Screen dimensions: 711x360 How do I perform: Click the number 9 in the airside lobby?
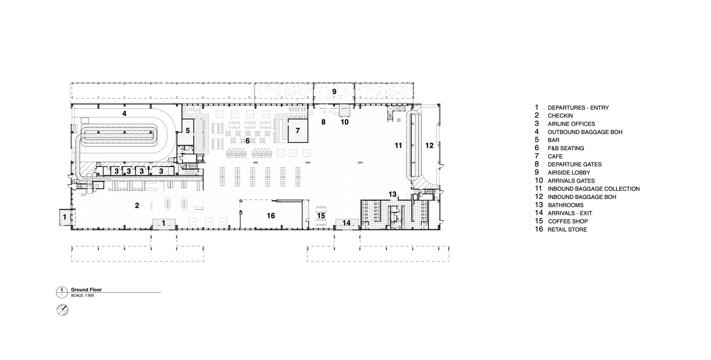[x=334, y=92]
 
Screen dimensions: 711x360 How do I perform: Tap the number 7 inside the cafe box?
[x=298, y=131]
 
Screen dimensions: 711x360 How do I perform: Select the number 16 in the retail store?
[x=271, y=216]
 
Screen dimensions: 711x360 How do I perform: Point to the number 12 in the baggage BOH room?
[x=429, y=145]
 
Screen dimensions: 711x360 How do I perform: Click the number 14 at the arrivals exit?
[x=347, y=223]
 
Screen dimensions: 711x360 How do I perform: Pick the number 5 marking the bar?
[x=188, y=131]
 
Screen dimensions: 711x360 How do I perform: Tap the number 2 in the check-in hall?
[x=137, y=205]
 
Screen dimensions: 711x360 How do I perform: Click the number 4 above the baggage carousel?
[x=124, y=114]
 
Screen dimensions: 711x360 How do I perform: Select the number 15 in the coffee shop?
[x=321, y=216]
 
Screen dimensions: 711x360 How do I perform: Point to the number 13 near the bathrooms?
[x=392, y=194]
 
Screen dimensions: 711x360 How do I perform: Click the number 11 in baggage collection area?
[x=398, y=145]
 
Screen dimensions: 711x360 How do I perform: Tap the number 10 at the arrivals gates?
[x=344, y=122]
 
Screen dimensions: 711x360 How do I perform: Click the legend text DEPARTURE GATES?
[x=574, y=165]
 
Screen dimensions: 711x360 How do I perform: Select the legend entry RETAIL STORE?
[x=567, y=230]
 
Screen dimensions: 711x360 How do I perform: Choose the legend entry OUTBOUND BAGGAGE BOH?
[x=585, y=132]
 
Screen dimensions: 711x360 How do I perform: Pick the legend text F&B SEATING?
[x=566, y=148]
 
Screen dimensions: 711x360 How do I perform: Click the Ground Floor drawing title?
[x=86, y=290]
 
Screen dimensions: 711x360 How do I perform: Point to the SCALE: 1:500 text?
[x=82, y=295]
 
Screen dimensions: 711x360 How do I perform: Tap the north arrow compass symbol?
[x=63, y=310]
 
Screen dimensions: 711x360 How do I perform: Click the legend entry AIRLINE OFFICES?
[x=571, y=124]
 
